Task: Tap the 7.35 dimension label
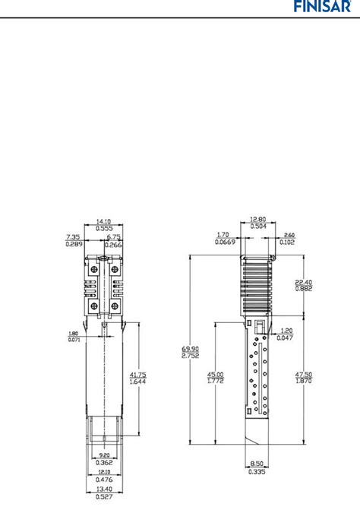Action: click(74, 237)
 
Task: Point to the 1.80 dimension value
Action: click(74, 334)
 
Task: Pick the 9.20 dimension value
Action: click(105, 454)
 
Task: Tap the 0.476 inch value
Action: click(105, 479)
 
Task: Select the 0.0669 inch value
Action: click(222, 243)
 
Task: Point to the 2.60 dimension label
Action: click(289, 236)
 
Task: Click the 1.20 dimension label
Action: click(286, 331)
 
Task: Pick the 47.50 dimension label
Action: click(305, 375)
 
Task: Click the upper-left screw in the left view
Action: click(93, 270)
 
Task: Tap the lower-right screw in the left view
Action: click(115, 306)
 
